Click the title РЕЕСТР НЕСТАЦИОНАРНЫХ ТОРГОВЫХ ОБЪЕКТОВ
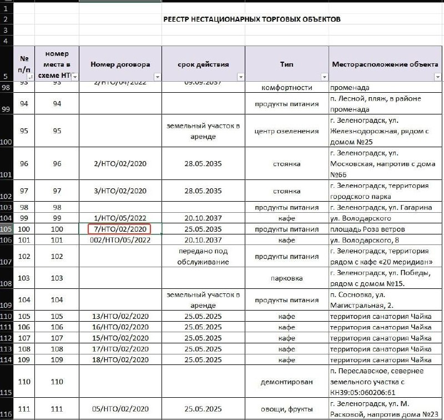251,19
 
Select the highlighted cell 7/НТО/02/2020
120,229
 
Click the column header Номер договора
120,64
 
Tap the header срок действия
203,64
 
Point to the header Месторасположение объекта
385,64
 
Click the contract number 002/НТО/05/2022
120,240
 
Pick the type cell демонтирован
287,382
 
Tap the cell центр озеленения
287,131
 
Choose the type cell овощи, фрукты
287,410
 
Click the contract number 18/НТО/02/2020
120,359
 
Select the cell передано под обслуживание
203,256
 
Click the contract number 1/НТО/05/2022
120,218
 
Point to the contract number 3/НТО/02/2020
120,191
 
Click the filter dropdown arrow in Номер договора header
157,77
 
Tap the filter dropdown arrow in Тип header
324,77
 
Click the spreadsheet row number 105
6,229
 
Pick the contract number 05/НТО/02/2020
120,410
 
